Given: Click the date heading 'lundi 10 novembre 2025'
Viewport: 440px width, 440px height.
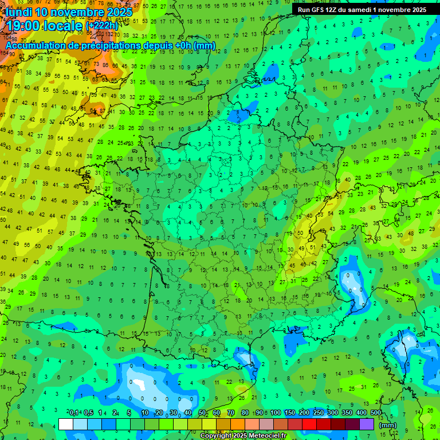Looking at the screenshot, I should (x=69, y=11).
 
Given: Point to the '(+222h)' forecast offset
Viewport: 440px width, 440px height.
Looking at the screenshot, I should (x=102, y=25).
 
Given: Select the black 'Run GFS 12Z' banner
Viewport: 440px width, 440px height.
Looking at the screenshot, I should (x=362, y=10).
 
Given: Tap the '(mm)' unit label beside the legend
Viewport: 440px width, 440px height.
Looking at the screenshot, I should (x=387, y=425).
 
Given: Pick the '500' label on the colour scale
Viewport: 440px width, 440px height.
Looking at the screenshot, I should (x=376, y=412).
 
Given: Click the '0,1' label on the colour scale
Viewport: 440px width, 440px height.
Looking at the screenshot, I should (x=74, y=412).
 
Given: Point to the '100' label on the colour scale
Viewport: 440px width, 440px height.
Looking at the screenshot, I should (x=276, y=412).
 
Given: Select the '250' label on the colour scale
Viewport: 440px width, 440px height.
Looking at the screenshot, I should (x=319, y=412).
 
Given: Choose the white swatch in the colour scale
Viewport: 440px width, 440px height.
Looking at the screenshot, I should (x=66, y=424).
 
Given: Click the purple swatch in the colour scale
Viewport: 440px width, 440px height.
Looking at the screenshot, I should (x=367, y=424).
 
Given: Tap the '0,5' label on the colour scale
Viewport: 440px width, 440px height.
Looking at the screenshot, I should (x=88, y=412).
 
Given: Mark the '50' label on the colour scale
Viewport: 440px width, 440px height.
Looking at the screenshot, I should (x=202, y=412).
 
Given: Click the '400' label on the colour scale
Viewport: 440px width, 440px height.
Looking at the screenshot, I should (x=362, y=412).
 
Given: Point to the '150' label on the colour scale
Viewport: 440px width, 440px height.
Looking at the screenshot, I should (x=290, y=412).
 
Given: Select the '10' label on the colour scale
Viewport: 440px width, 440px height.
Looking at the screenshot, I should (x=145, y=412).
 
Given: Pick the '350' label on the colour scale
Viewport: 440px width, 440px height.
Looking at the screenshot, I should (x=347, y=412).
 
